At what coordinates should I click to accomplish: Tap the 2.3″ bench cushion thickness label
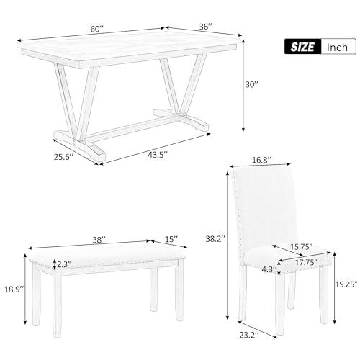65,264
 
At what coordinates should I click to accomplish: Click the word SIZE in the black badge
302,47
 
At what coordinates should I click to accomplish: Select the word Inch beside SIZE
336,47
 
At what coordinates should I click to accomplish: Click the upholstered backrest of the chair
261,205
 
